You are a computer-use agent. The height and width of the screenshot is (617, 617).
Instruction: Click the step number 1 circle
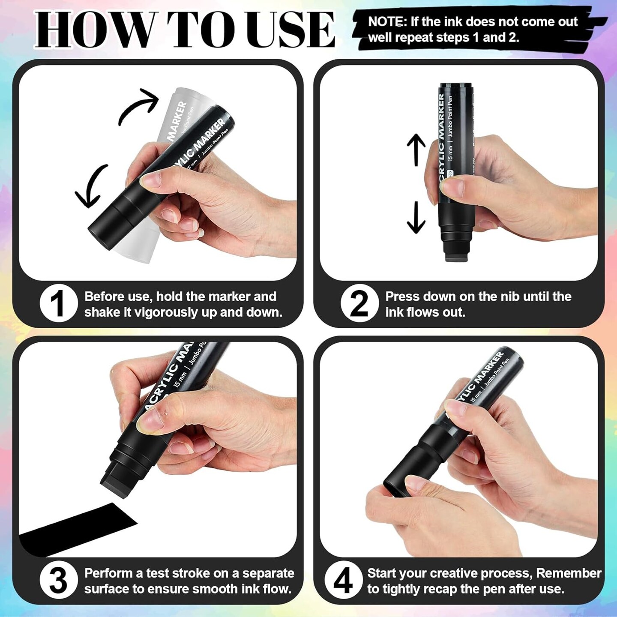(59, 303)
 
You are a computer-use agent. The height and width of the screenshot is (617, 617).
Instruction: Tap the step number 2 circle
(359, 303)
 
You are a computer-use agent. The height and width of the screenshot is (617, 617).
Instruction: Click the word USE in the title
(285, 30)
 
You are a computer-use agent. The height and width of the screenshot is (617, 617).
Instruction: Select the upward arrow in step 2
(416, 149)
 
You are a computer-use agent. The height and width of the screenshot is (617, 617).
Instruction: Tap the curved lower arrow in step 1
(91, 186)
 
